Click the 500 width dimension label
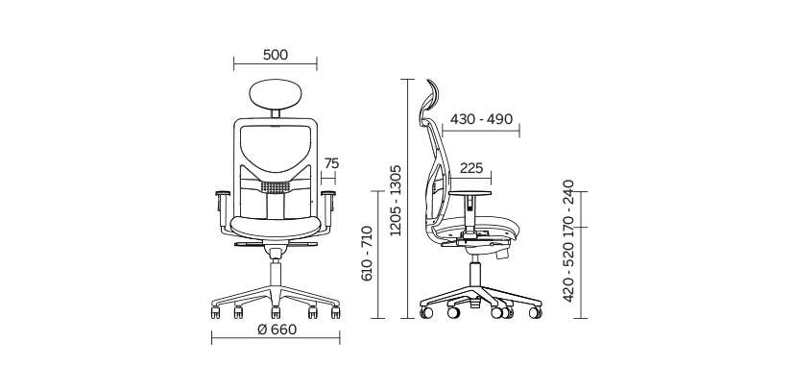click(276, 55)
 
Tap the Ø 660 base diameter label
click(277, 329)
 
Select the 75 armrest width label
click(331, 163)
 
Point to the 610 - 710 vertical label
click(367, 254)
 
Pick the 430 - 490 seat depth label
click(481, 119)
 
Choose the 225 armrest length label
click(471, 168)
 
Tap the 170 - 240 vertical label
click(568, 208)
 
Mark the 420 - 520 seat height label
click(568, 272)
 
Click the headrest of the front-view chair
click(276, 94)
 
